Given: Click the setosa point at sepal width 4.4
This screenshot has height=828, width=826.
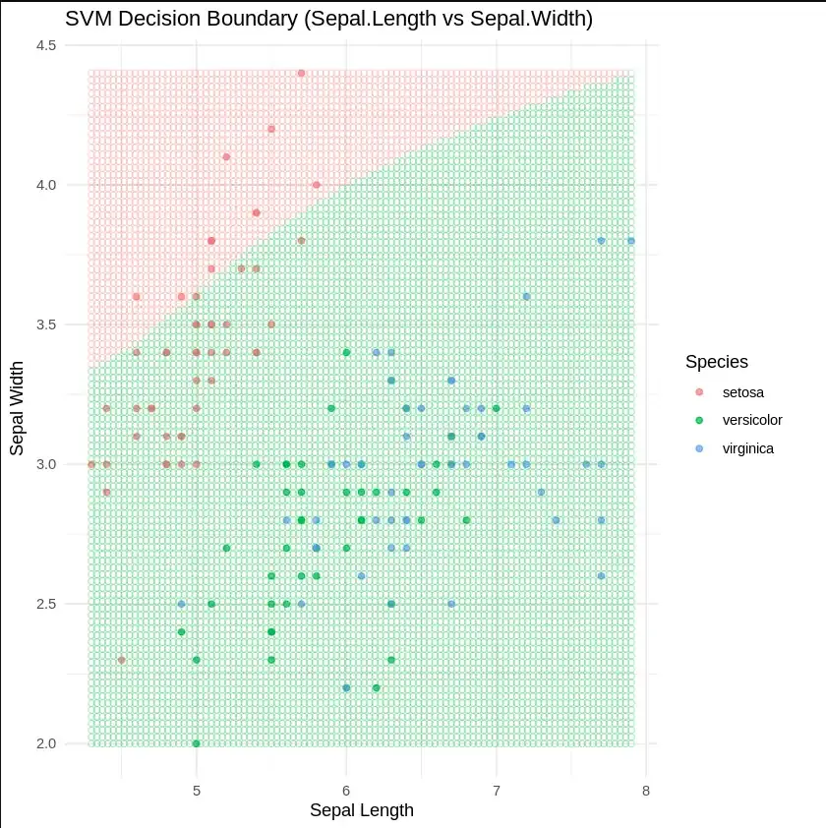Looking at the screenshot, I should click(301, 73).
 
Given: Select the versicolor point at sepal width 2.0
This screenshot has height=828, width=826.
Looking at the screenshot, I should click(197, 743).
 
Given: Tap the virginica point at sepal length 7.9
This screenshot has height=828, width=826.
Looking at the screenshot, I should click(631, 241).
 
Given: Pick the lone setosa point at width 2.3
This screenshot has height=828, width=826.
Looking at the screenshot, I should click(121, 660).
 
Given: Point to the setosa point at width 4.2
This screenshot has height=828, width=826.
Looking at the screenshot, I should click(271, 129).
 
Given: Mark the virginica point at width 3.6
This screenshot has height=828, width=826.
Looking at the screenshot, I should click(526, 296).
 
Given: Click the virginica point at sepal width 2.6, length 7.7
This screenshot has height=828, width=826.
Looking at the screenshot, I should click(601, 576).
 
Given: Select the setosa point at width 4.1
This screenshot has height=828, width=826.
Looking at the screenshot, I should click(226, 156).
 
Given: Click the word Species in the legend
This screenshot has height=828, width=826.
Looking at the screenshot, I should click(717, 362).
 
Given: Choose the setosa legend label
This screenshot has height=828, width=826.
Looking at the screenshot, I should click(742, 392).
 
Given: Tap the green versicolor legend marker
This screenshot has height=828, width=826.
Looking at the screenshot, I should click(699, 420).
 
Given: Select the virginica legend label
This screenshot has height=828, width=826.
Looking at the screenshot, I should click(747, 448).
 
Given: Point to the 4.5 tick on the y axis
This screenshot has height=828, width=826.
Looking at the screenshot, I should click(46, 45).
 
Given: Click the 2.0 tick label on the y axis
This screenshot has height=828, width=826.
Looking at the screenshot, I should click(46, 743).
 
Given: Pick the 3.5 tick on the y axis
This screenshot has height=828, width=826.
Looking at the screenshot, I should click(46, 325).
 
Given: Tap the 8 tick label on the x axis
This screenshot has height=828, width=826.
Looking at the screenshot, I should click(645, 791).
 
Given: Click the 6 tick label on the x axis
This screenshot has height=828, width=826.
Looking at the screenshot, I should click(346, 791).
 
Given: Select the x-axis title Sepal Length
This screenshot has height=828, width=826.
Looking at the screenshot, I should click(361, 811).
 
